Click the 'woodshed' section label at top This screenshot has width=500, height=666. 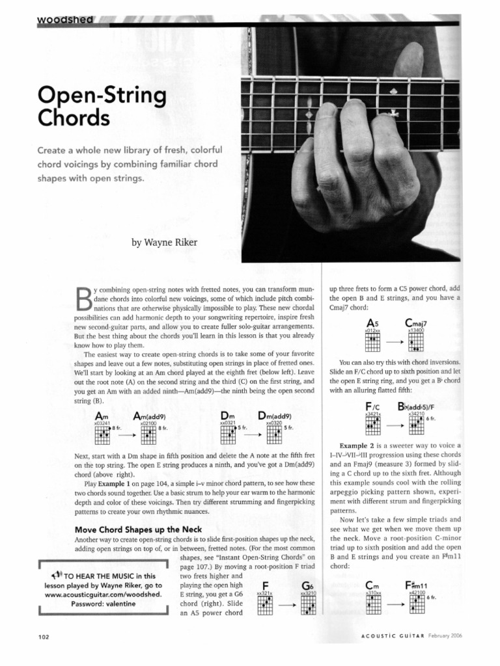(66, 20)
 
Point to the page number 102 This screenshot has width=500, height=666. (45, 637)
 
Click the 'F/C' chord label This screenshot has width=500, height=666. (373, 406)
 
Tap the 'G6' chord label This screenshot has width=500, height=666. (307, 585)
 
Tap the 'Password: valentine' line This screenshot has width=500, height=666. (104, 603)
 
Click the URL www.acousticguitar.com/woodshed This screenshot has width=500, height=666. (104, 594)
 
